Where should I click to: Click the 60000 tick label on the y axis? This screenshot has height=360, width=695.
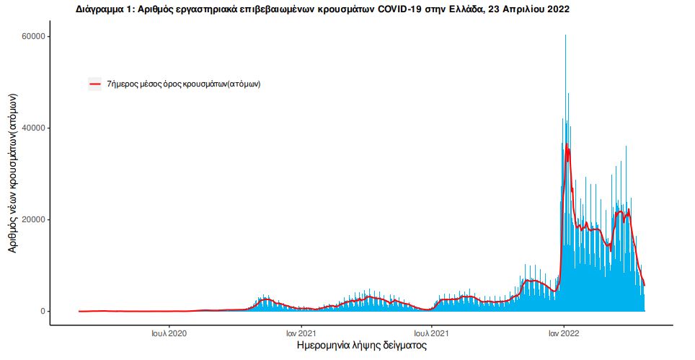point(33,36)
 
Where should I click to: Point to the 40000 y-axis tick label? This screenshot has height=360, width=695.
point(33,128)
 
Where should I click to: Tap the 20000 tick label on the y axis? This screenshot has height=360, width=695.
point(33,219)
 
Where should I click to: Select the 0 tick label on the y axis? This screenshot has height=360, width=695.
point(43,311)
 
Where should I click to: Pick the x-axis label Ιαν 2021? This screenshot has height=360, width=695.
point(300,333)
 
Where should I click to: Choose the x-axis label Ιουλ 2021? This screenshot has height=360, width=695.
point(431,333)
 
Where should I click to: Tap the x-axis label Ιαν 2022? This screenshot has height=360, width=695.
point(564,333)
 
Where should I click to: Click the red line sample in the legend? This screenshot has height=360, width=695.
point(94,84)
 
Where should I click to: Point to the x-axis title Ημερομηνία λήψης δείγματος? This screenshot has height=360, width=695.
point(362,346)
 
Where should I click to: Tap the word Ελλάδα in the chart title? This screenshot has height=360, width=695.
point(467,9)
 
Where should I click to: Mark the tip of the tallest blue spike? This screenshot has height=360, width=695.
point(565,35)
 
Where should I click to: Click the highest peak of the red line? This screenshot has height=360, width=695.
point(567,145)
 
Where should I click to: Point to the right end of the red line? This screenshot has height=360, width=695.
point(645,286)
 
